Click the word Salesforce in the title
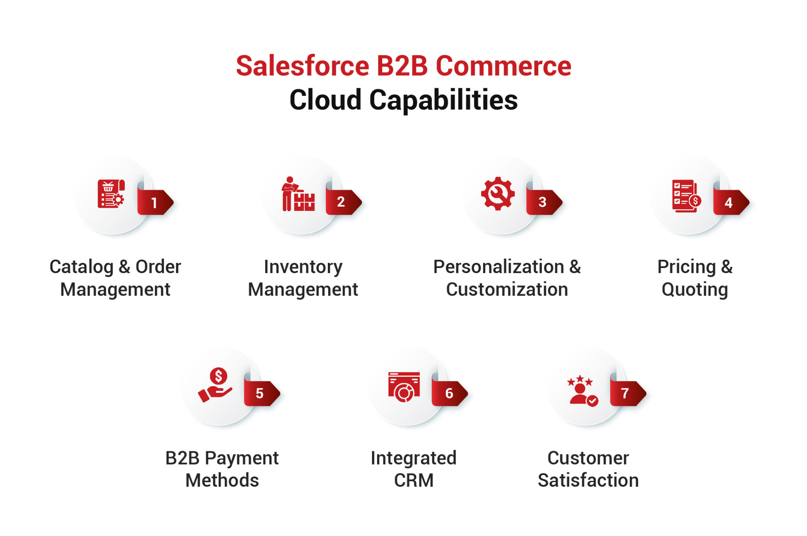pyautogui.click(x=302, y=66)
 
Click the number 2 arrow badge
pyautogui.click(x=342, y=202)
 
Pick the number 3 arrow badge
pyautogui.click(x=543, y=202)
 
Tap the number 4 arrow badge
pyautogui.click(x=729, y=203)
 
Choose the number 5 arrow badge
pyautogui.click(x=260, y=393)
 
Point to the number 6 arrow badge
pyautogui.click(x=449, y=393)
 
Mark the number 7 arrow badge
pyautogui.click(x=627, y=393)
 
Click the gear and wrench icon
pyautogui.click(x=498, y=194)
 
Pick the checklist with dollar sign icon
pyautogui.click(x=686, y=196)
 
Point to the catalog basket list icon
pyautogui.click(x=111, y=194)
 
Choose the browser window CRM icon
pyautogui.click(x=404, y=387)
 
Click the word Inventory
pyautogui.click(x=303, y=267)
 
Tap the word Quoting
pyautogui.click(x=694, y=290)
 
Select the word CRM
pyautogui.click(x=413, y=480)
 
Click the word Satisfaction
pyautogui.click(x=588, y=480)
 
